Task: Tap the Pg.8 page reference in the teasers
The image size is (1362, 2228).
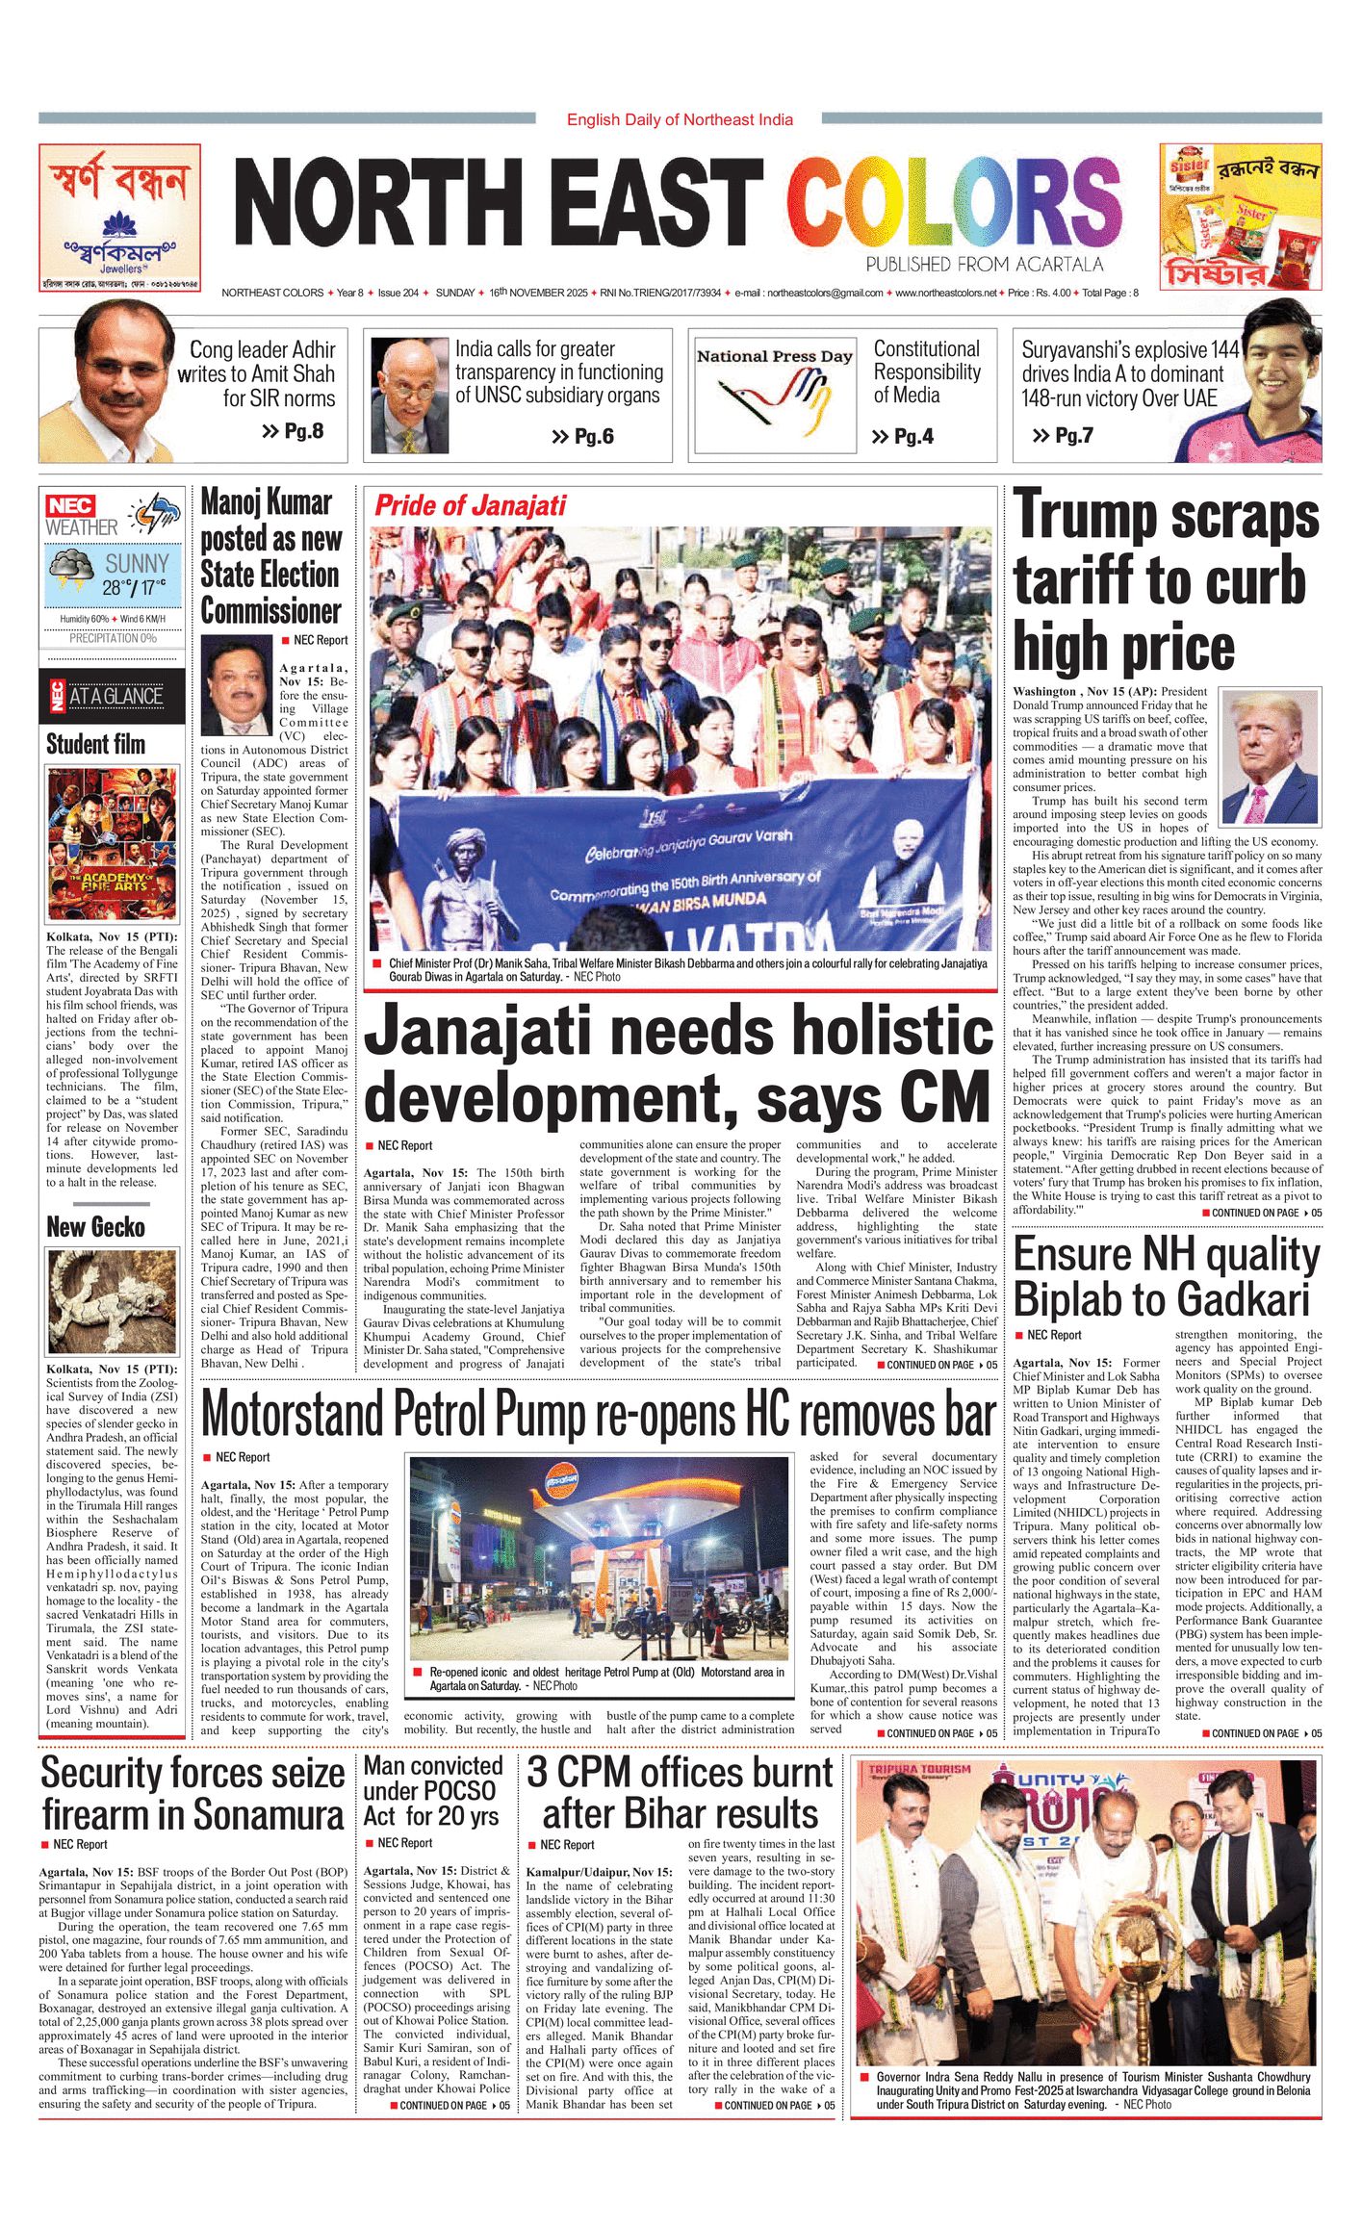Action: (293, 431)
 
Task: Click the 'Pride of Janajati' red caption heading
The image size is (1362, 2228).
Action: (470, 505)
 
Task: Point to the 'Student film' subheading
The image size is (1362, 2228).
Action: (95, 744)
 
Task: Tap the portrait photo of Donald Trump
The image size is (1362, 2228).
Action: (1270, 756)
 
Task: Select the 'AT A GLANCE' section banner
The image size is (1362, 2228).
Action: (114, 696)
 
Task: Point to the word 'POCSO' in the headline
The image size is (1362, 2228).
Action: (451, 1791)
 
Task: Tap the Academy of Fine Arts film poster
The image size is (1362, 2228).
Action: (113, 844)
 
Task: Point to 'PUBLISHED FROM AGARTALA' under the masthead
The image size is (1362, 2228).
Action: (984, 265)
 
